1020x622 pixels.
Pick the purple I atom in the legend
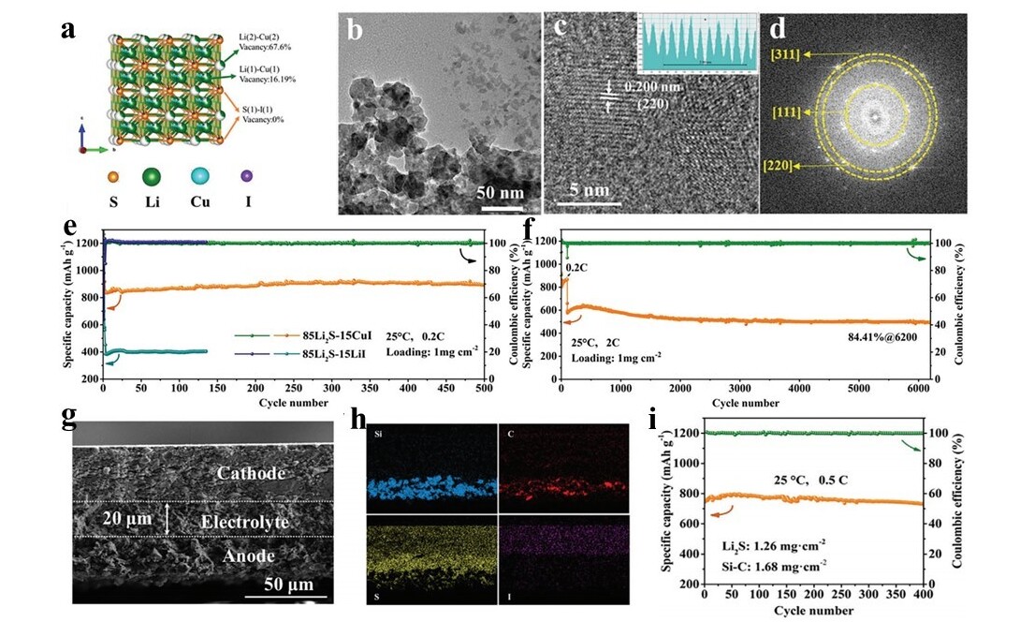click(246, 175)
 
